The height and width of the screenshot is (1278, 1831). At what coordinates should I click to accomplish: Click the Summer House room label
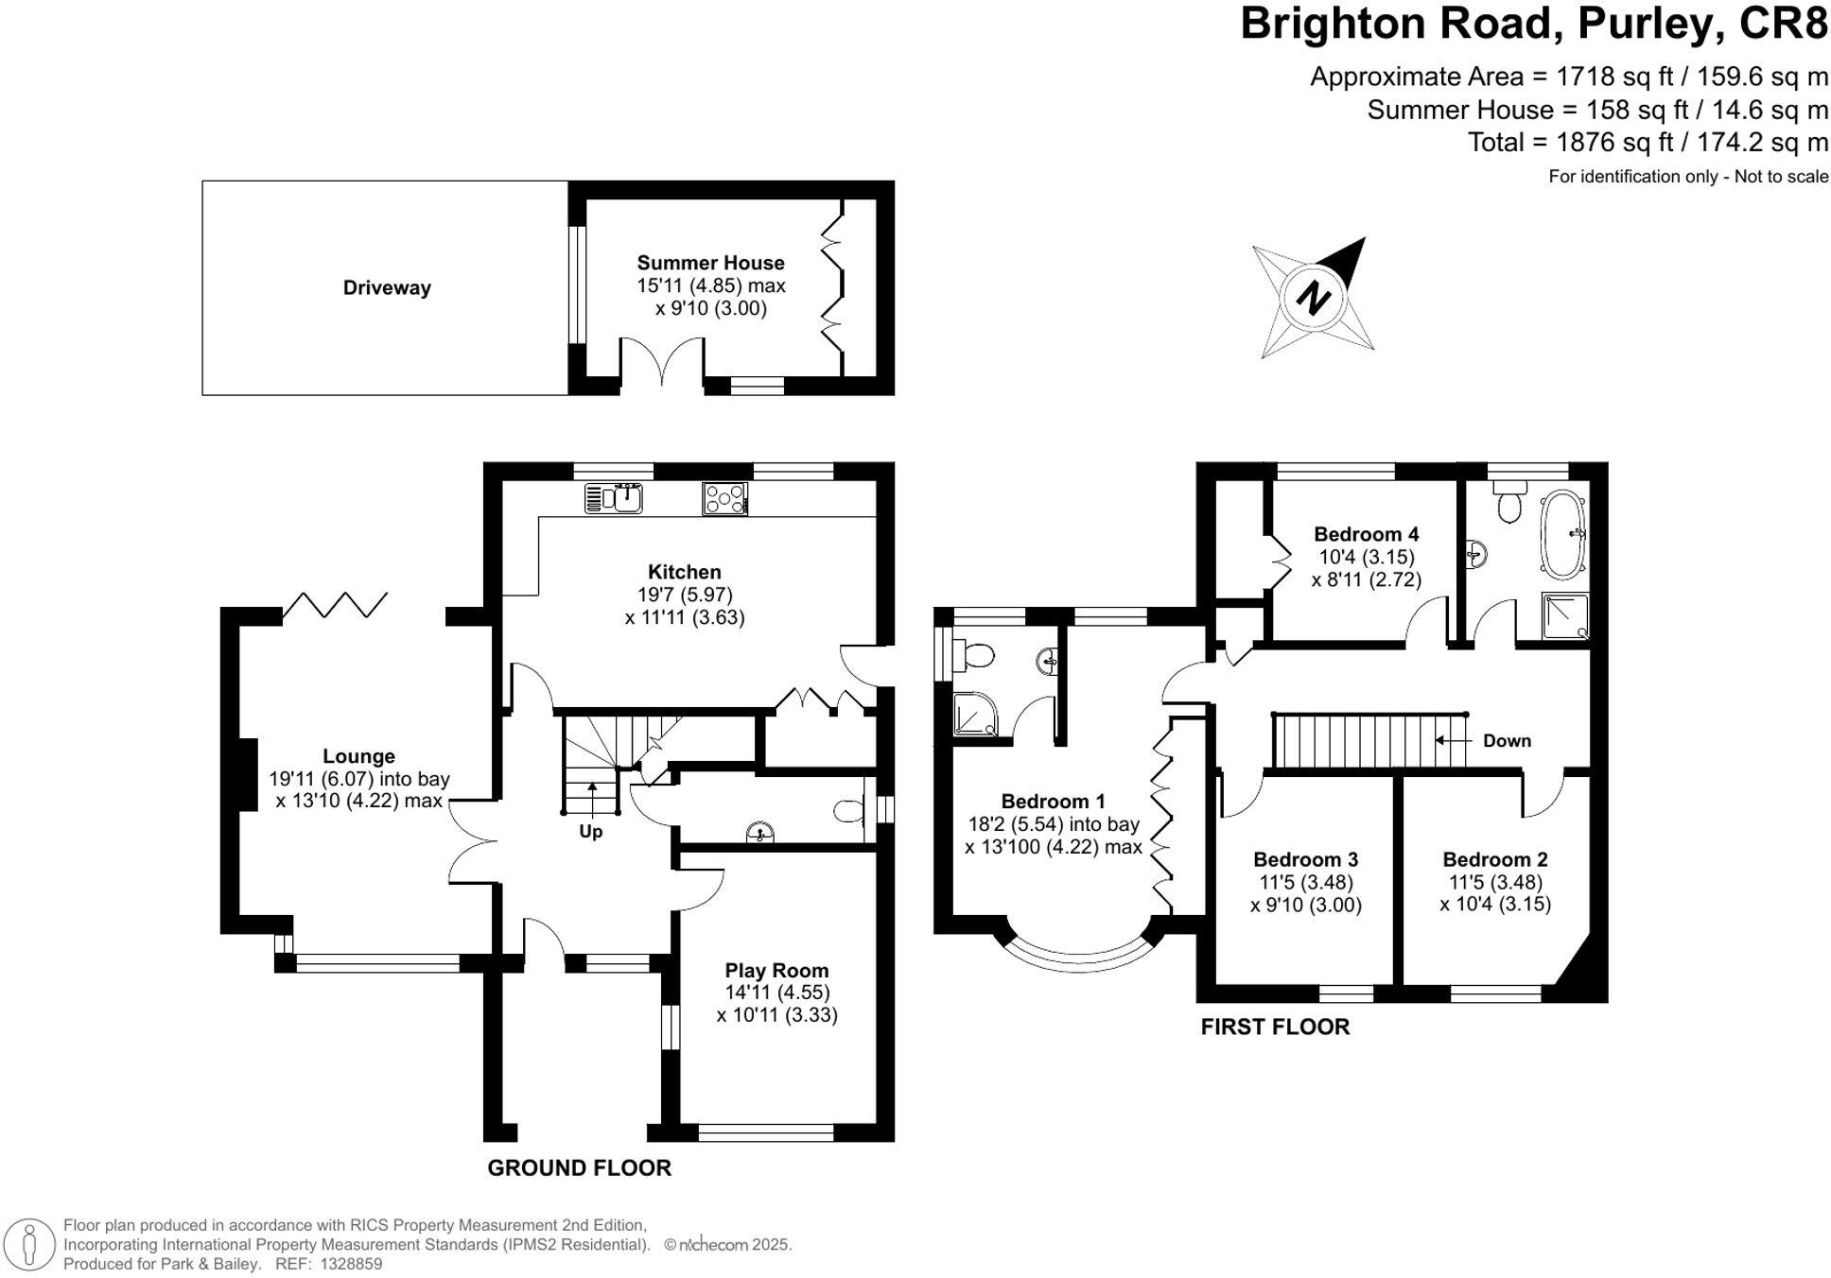pos(710,263)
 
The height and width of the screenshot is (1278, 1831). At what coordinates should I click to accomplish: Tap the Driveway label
pos(387,287)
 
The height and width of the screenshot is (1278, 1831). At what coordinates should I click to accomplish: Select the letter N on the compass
pos(1313,298)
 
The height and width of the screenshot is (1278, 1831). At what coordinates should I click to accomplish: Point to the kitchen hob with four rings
pos(724,498)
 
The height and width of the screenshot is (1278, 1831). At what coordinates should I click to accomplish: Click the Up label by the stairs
pos(590,831)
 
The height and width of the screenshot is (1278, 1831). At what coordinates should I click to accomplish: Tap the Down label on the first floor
pos(1506,740)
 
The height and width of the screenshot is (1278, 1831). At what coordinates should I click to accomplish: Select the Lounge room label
pos(358,756)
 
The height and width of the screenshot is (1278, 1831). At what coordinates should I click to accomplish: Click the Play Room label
pos(776,970)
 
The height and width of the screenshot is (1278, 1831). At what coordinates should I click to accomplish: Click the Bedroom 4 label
pos(1366,534)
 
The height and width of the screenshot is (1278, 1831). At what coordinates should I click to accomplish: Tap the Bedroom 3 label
pos(1305,859)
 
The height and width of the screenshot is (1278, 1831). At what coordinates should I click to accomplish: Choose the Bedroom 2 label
pos(1494,859)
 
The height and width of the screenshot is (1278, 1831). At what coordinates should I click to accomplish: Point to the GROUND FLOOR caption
pos(579,1167)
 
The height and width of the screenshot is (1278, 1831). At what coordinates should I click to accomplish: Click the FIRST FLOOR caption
pos(1275,1027)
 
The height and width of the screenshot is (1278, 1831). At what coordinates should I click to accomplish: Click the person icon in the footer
pos(31,1243)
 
